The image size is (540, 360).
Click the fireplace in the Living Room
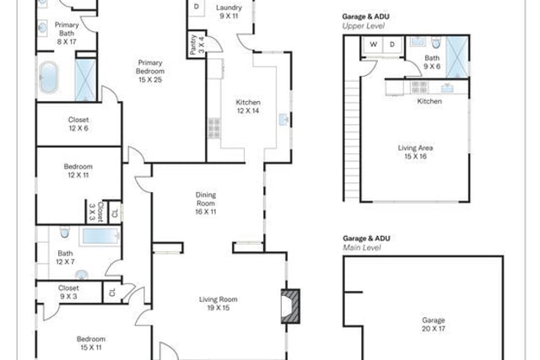tap(290, 306)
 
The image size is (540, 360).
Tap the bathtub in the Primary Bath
tap(49, 78)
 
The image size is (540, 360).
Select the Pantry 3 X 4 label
tap(197, 45)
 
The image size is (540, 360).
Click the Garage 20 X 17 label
tap(434, 325)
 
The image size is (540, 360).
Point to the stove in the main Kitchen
tap(213, 128)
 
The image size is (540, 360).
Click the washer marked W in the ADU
tap(373, 45)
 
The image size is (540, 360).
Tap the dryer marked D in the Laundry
tap(197, 7)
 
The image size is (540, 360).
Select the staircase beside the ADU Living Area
tap(352, 140)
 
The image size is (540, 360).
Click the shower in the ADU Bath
tap(457, 57)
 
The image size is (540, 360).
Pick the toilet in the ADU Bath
tap(436, 42)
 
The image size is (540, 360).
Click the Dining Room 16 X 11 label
tap(206, 203)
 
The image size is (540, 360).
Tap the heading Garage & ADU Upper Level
tap(365, 21)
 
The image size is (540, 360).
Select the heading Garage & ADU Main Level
tap(366, 243)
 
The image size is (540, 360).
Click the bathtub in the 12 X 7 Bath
tap(100, 236)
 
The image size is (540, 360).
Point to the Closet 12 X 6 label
tap(78, 124)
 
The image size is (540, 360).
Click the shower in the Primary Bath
tap(85, 80)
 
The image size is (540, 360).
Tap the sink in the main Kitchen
tap(283, 119)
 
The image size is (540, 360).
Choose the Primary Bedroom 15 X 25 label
tap(150, 72)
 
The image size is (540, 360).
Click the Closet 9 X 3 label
tap(68, 292)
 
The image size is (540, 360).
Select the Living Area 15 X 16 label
tap(415, 152)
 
